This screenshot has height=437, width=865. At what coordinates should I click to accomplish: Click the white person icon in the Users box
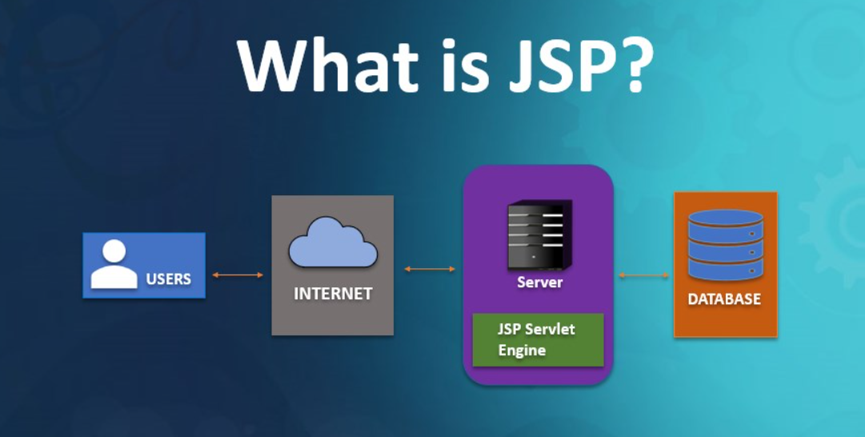click(x=114, y=265)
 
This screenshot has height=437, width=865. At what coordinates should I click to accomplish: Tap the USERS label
click(x=168, y=279)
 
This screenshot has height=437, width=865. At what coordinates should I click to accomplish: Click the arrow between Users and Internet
click(x=238, y=275)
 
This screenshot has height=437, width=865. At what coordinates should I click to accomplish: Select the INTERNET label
click(x=333, y=294)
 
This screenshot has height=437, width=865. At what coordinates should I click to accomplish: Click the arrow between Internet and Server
click(x=430, y=269)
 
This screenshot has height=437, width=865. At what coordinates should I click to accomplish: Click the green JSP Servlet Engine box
click(x=538, y=340)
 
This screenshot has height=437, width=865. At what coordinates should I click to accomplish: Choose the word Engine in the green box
click(x=522, y=351)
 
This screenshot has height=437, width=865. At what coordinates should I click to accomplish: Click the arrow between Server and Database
click(x=644, y=275)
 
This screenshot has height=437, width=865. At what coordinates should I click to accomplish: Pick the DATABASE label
click(x=725, y=300)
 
